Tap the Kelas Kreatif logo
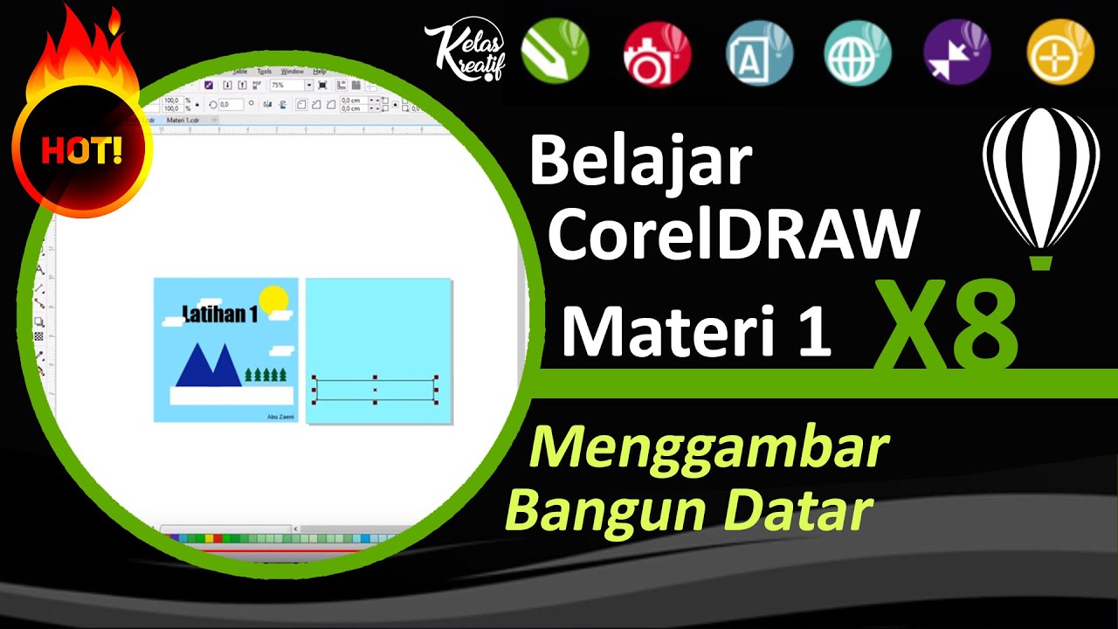(x=464, y=52)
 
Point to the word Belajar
(x=640, y=162)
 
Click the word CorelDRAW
(x=734, y=234)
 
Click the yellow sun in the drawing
(x=273, y=300)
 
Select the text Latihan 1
(x=219, y=314)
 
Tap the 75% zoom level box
(x=286, y=85)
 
